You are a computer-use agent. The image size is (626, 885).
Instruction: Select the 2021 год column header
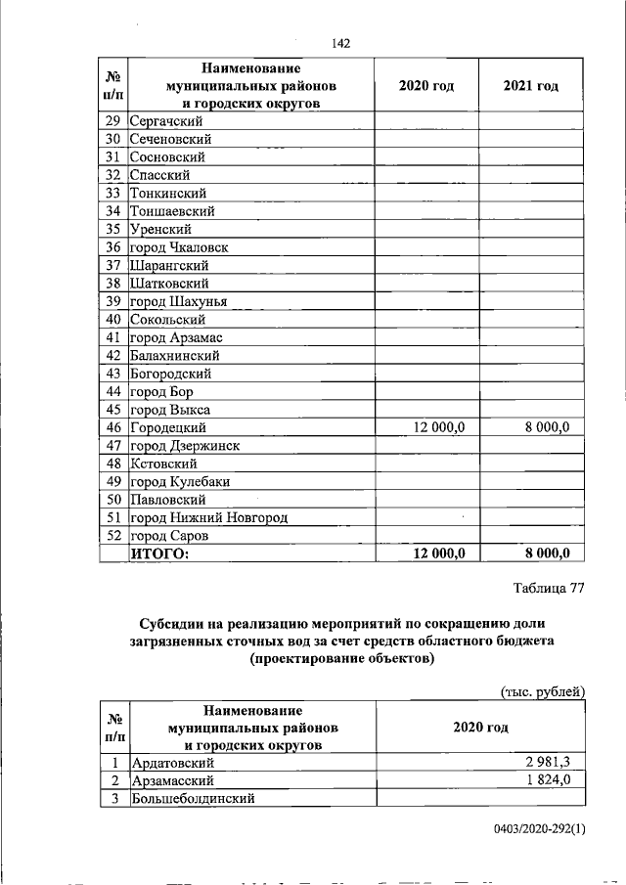pyautogui.click(x=530, y=86)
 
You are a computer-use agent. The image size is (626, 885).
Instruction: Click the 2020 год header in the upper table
pyautogui.click(x=426, y=86)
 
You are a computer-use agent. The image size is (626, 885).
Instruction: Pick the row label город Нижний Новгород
pyautogui.click(x=209, y=517)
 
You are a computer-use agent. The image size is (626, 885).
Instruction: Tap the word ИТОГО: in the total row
pyautogui.click(x=158, y=554)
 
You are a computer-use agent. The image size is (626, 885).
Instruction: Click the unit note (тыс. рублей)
pyautogui.click(x=543, y=691)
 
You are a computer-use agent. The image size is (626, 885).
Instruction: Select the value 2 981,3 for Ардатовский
pyautogui.click(x=557, y=763)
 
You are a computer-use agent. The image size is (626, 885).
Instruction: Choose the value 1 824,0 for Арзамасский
pyautogui.click(x=557, y=780)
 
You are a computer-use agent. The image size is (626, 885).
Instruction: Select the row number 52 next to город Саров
pyautogui.click(x=113, y=536)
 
